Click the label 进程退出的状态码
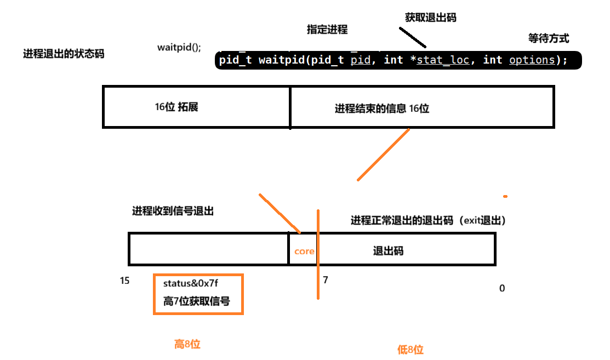click(x=64, y=54)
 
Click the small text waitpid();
click(x=179, y=47)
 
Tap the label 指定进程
click(x=327, y=30)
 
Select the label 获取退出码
click(x=431, y=18)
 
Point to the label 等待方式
click(x=549, y=38)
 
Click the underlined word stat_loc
click(x=443, y=60)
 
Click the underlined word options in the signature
click(x=532, y=60)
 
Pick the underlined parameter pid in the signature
click(x=360, y=60)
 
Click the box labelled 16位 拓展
click(x=196, y=107)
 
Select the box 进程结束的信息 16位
click(x=421, y=108)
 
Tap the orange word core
click(x=304, y=252)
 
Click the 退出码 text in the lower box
click(x=388, y=251)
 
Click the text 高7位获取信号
click(x=196, y=301)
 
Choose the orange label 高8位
click(x=187, y=344)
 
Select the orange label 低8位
click(x=411, y=350)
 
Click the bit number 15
click(x=125, y=281)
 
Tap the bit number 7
click(x=325, y=280)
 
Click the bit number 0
click(x=501, y=288)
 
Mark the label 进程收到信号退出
click(x=173, y=211)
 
